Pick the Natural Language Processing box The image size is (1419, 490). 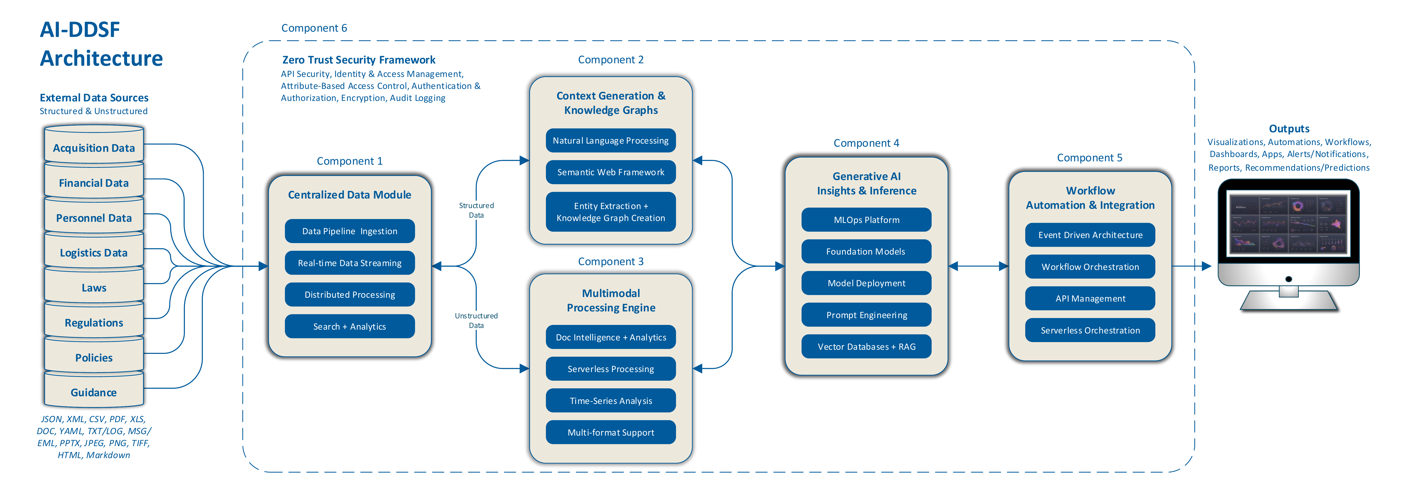pos(610,140)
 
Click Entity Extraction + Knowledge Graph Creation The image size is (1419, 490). pos(610,212)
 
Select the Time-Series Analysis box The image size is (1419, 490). pos(610,401)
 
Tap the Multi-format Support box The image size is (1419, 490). pos(610,432)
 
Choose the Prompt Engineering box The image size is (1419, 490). pos(866,315)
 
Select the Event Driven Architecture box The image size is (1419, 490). pos(1090,235)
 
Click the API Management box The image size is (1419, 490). pos(1090,298)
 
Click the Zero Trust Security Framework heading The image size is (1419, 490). pos(359,59)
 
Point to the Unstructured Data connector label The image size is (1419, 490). pos(476,320)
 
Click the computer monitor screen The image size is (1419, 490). pos(1288,224)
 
